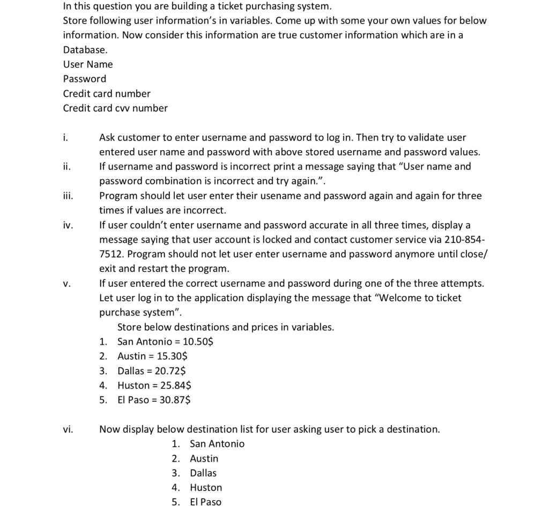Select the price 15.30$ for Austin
coord(172,356)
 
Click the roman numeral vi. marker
coord(68,429)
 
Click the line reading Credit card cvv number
coord(115,108)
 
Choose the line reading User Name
coord(88,64)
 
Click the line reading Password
coord(85,79)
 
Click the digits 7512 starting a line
coord(110,254)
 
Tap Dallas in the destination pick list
coord(203,473)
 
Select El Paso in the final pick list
coord(205,502)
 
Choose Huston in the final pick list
coord(206,487)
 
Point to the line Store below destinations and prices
coord(225,327)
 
